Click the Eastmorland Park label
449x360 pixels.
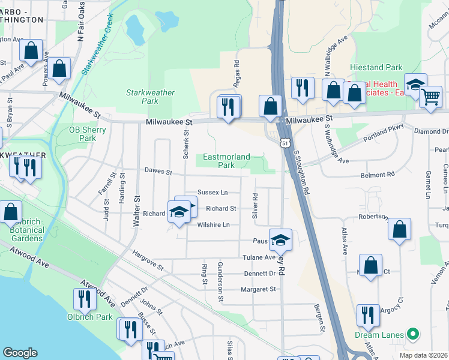click(226, 161)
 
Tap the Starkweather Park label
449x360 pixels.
click(150, 97)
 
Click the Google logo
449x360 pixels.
click(20, 353)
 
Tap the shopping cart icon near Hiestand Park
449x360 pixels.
click(430, 97)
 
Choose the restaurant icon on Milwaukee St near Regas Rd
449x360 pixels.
click(228, 108)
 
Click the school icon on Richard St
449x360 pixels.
click(179, 212)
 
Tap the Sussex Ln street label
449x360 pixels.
click(212, 192)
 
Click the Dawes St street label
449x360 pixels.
click(158, 172)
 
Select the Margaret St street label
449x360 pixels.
click(258, 289)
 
